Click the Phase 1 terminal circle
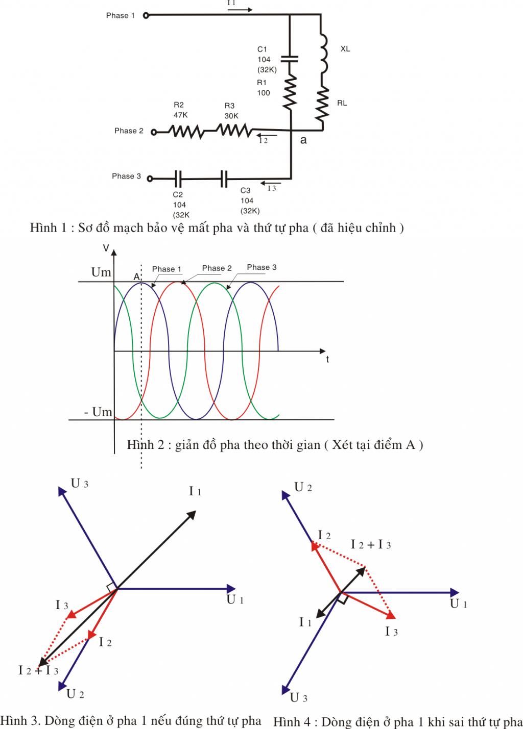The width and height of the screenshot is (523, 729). click(146, 15)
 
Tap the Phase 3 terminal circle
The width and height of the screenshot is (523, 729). click(150, 179)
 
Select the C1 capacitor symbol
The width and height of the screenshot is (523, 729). click(290, 59)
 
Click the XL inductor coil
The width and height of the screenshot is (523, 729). click(324, 53)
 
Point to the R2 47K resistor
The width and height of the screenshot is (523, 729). click(186, 131)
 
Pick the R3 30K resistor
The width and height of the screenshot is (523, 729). click(234, 130)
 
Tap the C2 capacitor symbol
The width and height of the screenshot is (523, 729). click(178, 179)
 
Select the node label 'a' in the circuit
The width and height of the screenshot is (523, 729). click(303, 140)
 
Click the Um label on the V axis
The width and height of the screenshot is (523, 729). click(101, 272)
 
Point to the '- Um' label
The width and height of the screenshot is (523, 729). click(98, 412)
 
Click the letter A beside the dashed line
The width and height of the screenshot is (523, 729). click(136, 276)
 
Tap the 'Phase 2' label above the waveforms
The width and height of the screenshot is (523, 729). click(217, 268)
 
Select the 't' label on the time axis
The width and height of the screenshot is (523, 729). click(327, 359)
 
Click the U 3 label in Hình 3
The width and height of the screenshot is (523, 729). click(80, 483)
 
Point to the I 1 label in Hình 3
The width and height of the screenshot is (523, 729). click(195, 491)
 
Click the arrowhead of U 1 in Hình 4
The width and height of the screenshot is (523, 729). click(455, 592)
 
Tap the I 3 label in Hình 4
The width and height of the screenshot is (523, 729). click(391, 632)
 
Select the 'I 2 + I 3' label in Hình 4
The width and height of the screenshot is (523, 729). click(370, 544)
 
